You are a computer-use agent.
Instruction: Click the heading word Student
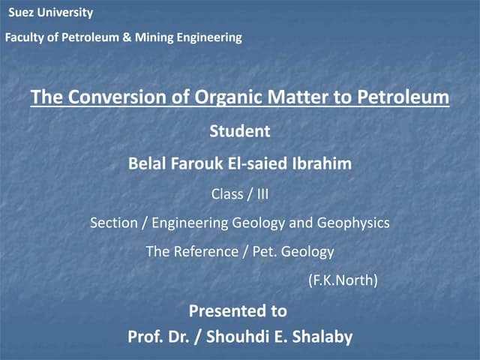tap(239, 131)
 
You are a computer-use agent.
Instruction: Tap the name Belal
tap(148, 163)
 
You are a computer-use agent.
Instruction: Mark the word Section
tap(113, 223)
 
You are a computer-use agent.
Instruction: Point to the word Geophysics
tap(354, 223)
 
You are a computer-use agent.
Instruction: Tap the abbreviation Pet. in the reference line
tap(262, 252)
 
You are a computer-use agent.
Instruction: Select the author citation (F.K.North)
tap(343, 281)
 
